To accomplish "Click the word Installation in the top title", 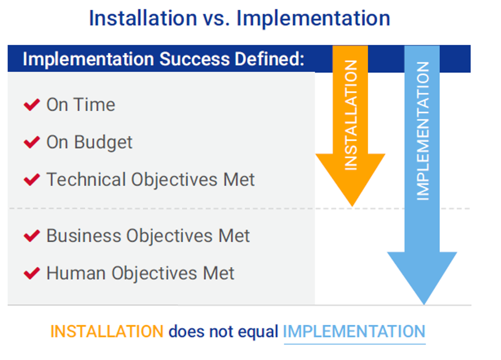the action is (x=143, y=18).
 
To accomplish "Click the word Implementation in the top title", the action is (x=313, y=19).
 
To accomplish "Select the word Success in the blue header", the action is (x=194, y=59).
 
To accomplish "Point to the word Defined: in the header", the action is (x=269, y=59).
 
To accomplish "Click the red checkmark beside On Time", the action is (x=32, y=105).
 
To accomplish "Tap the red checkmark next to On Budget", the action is (x=32, y=142).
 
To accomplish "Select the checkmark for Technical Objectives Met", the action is (x=32, y=179).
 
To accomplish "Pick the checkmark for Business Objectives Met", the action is (x=32, y=236).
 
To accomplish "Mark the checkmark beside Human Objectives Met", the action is (x=32, y=273).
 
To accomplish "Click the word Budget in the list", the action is (x=103, y=143).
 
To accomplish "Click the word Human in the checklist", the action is (x=76, y=273).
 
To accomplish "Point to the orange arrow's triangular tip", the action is (x=352, y=206).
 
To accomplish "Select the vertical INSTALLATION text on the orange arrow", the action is (x=351, y=115).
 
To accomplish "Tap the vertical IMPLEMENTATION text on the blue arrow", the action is (x=423, y=131).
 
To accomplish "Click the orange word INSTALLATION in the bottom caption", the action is (x=107, y=332).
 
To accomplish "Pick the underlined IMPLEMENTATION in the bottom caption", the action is (x=355, y=332).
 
